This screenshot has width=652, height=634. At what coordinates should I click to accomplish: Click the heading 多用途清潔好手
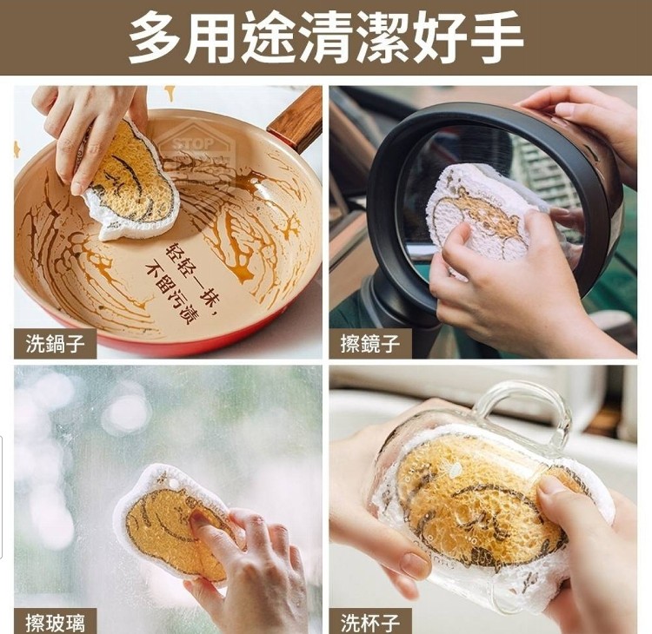click(326, 37)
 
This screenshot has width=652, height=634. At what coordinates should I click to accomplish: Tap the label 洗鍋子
click(55, 344)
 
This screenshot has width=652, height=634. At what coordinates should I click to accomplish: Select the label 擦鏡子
click(370, 344)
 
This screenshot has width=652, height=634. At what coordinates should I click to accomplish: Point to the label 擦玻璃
click(55, 623)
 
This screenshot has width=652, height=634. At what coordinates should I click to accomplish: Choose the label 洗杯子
click(370, 623)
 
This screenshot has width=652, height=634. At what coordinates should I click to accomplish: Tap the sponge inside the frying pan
click(133, 182)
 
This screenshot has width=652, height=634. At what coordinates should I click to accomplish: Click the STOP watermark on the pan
click(193, 144)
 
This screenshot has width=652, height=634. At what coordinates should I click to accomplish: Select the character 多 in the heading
click(156, 37)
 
